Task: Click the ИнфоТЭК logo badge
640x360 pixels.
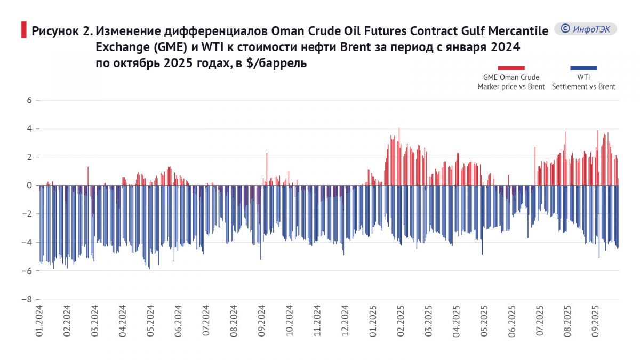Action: click(x=585, y=29)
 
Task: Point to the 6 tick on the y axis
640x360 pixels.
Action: click(x=30, y=100)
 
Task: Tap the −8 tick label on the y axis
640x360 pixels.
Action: click(x=28, y=299)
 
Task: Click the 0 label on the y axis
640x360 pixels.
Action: click(x=30, y=186)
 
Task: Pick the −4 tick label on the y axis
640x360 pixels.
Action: click(x=28, y=243)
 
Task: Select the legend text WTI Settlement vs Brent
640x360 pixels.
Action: click(x=583, y=82)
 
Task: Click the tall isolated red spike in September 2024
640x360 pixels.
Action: click(x=267, y=168)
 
